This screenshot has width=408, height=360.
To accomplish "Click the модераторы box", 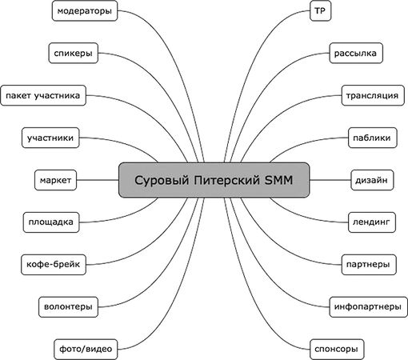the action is (x=85, y=10).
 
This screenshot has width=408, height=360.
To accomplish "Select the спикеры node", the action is (x=74, y=53).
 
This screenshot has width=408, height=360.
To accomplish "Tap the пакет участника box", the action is (x=43, y=95).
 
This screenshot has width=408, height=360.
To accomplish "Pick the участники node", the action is (x=50, y=138).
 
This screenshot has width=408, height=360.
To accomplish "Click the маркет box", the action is (x=55, y=180).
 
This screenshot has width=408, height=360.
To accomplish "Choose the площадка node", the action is (x=51, y=222).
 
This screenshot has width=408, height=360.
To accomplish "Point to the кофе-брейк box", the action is (x=54, y=265).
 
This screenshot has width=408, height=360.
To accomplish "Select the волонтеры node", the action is (x=68, y=306).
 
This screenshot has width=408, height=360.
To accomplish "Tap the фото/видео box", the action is (x=86, y=349).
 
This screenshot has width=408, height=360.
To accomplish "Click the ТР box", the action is (x=320, y=10).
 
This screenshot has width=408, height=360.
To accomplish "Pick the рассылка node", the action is (x=356, y=53).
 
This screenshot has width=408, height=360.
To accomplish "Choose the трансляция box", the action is (x=373, y=95).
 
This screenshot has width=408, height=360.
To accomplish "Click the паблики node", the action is (x=372, y=138).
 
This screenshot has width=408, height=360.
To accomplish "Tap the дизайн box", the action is (x=372, y=180).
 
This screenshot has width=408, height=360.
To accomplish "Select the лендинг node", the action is (x=372, y=222).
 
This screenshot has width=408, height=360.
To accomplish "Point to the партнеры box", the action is (x=369, y=265).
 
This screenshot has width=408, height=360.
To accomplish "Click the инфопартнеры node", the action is (x=369, y=306).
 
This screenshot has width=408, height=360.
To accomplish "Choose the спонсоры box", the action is (x=337, y=349).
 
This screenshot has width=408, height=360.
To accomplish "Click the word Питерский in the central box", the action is (x=226, y=180).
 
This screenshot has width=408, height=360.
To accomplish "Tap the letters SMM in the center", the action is (x=278, y=180).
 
